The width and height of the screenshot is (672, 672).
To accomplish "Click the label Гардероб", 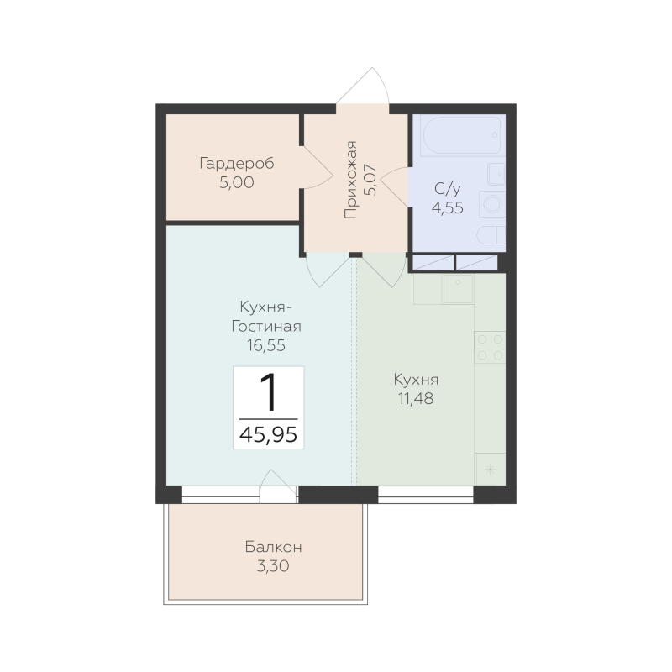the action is (x=237, y=164).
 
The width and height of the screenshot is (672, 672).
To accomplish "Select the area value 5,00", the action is (x=237, y=182).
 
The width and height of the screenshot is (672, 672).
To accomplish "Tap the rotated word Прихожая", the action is (x=350, y=180).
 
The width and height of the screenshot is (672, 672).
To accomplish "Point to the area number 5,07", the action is (x=370, y=180).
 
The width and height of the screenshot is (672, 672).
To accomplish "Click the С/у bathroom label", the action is (x=447, y=189).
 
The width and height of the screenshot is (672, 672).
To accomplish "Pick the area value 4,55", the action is (x=448, y=207).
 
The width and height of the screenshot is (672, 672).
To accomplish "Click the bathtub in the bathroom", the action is (x=461, y=135).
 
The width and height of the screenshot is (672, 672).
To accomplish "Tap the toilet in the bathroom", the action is (x=491, y=235).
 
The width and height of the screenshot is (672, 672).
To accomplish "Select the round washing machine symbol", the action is (x=492, y=204).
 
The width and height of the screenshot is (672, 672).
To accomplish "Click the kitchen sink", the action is (x=458, y=289).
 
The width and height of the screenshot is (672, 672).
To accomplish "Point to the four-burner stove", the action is (x=490, y=347).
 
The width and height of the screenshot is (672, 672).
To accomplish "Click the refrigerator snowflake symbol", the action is (x=491, y=470).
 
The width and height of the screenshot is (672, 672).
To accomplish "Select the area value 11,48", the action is (x=416, y=398).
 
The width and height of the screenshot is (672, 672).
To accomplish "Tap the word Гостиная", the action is (x=266, y=327).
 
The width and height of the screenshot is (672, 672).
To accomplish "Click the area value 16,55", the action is (x=266, y=345).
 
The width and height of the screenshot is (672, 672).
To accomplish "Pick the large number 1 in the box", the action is (x=269, y=391).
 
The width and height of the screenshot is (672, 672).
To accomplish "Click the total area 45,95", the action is (x=268, y=434).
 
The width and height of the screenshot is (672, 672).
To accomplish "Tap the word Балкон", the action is (x=274, y=548).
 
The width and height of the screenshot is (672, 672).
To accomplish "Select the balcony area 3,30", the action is (x=273, y=566).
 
